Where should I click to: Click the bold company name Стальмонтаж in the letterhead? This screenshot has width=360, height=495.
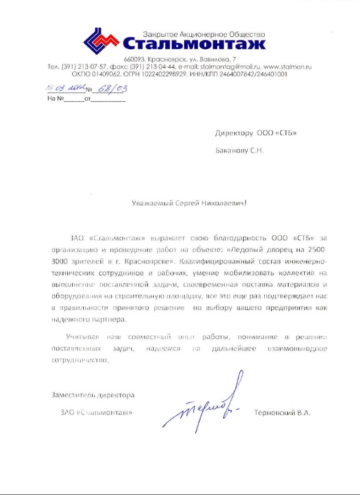pos(194,44)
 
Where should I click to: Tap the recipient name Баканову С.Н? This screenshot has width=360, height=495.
pos(239,151)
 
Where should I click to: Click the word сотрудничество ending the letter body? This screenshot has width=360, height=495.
pos(80,361)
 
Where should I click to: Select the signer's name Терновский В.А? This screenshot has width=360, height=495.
pos(282,413)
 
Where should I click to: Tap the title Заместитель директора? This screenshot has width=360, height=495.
pos(93,395)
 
